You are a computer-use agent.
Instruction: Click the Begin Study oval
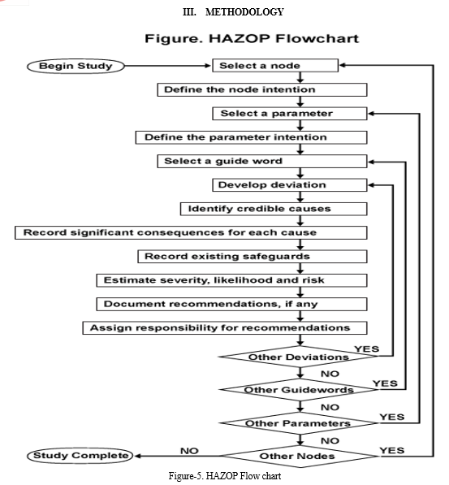(76, 66)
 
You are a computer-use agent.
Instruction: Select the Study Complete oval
(80, 456)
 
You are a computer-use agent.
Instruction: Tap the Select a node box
(275, 66)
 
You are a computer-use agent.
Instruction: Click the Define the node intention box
(262, 89)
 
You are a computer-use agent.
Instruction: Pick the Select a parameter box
(289, 114)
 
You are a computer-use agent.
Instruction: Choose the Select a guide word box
(262, 161)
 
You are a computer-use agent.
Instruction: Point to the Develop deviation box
(289, 185)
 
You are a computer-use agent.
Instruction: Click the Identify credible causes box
(274, 209)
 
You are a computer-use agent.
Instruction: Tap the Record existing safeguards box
(253, 257)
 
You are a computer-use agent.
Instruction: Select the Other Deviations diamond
(299, 357)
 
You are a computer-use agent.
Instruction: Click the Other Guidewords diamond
(299, 390)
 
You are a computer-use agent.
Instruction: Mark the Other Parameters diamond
(299, 423)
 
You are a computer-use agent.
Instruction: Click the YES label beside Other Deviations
(367, 349)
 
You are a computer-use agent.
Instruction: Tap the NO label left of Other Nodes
(189, 451)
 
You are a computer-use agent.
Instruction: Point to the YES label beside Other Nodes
(392, 450)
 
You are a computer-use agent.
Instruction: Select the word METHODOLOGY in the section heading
(244, 12)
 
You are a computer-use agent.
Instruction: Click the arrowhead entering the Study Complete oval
(137, 456)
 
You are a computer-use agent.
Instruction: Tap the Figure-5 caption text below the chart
(225, 475)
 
